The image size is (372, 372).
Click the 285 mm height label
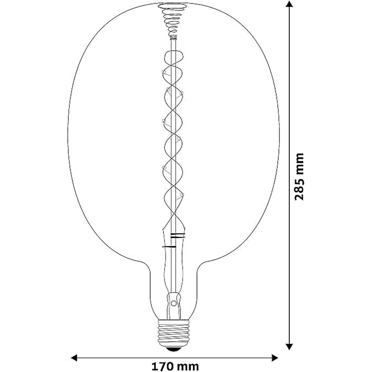(x=299, y=176)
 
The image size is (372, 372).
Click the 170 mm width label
(x=174, y=366)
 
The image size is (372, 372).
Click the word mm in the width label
(x=188, y=366)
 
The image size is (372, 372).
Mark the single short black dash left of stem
(x=166, y=247)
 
